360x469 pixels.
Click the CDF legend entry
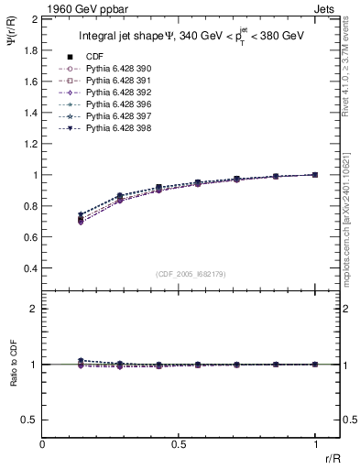tap(93, 56)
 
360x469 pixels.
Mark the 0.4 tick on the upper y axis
tap(29, 268)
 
